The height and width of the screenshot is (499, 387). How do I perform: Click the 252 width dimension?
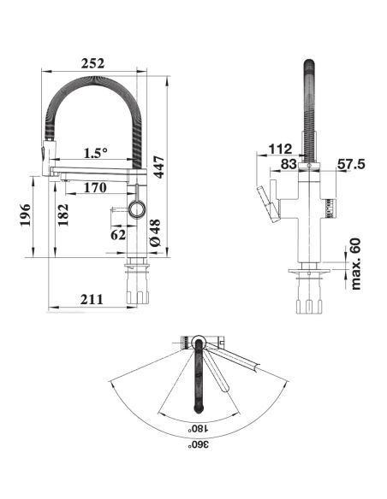click(92, 63)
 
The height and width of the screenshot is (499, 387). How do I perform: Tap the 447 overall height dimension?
click(158, 167)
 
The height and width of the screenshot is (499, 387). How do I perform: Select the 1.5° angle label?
click(96, 154)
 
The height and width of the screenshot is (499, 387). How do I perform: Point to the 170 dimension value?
click(95, 188)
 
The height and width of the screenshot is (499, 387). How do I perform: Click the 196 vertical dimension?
click(26, 214)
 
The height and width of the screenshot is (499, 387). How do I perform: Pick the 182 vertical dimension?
click(63, 214)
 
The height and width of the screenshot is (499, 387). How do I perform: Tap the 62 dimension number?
click(118, 235)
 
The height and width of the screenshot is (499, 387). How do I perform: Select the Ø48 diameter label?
click(155, 232)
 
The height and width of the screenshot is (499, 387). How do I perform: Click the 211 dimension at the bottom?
click(92, 299)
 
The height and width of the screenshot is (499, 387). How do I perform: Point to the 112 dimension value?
click(281, 149)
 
